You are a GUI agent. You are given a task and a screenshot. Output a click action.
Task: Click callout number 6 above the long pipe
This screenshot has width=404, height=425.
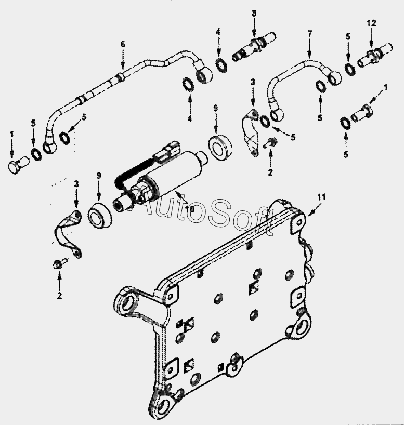point(123,44)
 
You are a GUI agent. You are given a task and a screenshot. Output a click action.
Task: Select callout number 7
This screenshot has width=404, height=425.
point(310,34)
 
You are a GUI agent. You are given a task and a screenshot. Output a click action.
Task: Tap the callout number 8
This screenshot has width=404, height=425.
point(254,13)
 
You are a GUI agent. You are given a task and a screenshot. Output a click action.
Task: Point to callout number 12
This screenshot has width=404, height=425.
point(371,23)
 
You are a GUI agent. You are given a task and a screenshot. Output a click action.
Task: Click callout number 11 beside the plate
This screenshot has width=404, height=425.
point(321,197)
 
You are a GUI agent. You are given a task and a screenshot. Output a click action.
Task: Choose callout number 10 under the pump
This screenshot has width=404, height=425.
point(190,209)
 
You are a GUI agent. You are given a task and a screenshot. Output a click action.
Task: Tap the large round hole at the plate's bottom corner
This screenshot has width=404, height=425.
point(163,407)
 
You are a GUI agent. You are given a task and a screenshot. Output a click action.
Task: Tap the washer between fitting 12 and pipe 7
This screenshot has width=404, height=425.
point(350,69)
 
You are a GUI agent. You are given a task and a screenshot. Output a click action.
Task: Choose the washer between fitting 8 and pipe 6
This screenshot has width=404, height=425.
point(221,64)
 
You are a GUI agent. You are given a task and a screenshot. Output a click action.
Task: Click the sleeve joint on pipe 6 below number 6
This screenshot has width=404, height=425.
point(120,77)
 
